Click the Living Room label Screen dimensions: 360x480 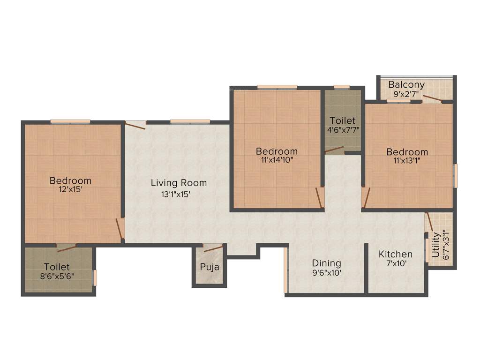[178, 183]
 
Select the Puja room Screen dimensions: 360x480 [209, 267]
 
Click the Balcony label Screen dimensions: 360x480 [406, 85]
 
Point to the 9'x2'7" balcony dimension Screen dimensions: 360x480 [406, 94]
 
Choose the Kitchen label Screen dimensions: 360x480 [396, 254]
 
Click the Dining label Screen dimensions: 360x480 [326, 263]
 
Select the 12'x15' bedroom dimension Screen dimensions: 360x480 [70, 190]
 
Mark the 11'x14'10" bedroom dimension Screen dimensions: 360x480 [277, 160]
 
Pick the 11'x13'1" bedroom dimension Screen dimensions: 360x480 [407, 161]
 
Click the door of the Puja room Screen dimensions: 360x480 [213, 248]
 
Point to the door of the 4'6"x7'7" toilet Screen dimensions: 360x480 [334, 150]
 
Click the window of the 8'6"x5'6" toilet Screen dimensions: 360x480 [94, 277]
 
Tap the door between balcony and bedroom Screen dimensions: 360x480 [432, 99]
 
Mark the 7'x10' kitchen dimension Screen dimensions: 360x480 [396, 263]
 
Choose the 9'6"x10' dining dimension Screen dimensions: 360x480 [326, 272]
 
